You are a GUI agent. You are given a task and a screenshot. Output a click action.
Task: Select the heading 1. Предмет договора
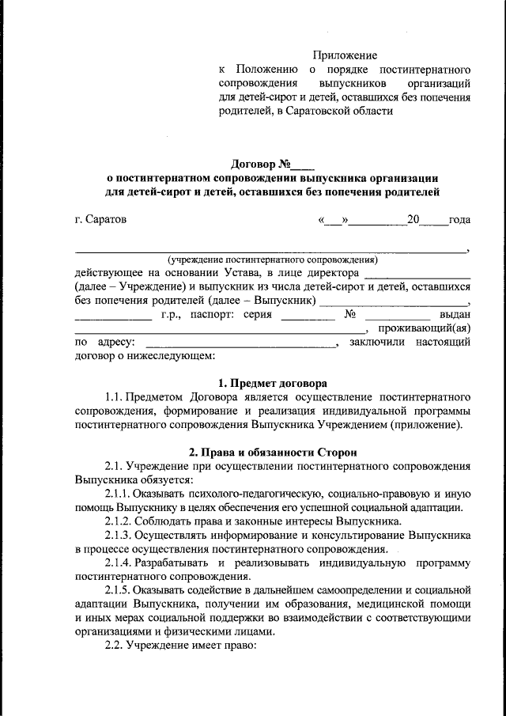pos(272,382)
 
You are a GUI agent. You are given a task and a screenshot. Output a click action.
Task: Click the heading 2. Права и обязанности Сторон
pos(272,452)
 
